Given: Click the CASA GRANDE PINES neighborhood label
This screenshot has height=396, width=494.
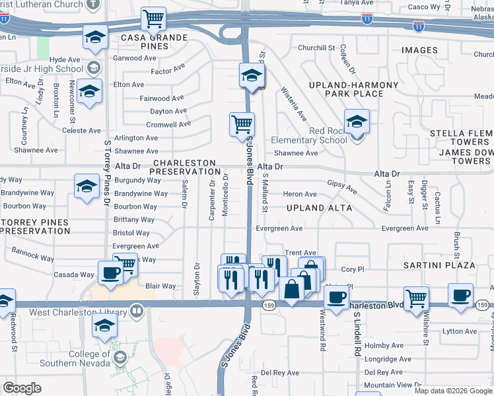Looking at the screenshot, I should click(153, 38).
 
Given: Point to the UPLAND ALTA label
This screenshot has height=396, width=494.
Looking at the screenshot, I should click(319, 208).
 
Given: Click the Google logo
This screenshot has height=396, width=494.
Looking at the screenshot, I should click(22, 388).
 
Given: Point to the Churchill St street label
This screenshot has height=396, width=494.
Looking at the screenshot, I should click(316, 48).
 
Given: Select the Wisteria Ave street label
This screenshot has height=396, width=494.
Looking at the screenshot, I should click(294, 104).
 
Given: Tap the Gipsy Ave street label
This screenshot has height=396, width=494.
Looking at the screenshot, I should click(342, 187).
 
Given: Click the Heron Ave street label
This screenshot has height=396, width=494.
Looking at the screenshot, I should click(300, 194).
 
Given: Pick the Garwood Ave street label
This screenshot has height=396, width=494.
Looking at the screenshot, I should click(135, 58).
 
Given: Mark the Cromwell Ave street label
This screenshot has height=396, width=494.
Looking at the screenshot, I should click(168, 124).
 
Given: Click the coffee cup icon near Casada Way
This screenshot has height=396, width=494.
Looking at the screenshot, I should click(110, 273).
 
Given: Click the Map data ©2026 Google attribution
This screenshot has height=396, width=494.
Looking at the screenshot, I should click(454, 391).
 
